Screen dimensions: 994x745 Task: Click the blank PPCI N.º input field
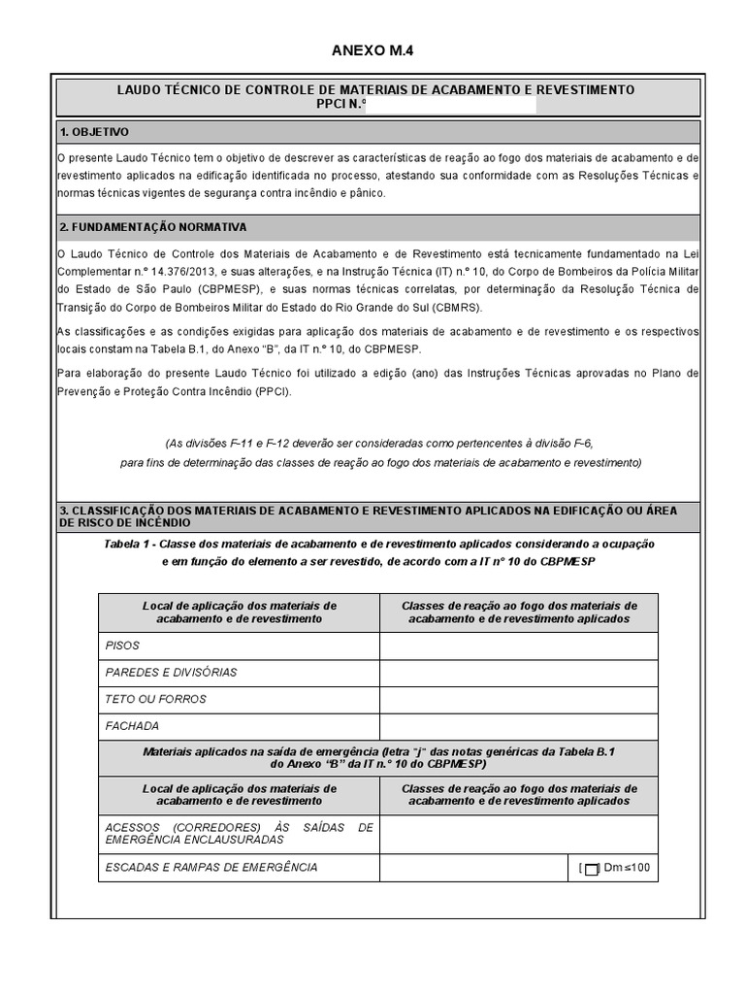[x=449, y=105]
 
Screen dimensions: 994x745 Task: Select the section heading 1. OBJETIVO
[x=94, y=132]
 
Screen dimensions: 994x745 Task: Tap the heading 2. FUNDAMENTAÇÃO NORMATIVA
[x=153, y=227]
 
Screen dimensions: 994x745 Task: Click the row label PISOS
[x=122, y=645]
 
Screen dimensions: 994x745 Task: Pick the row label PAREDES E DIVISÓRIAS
[x=170, y=672]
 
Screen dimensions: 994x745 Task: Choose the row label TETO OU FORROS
[x=155, y=699]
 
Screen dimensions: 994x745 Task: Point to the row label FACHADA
[x=132, y=725]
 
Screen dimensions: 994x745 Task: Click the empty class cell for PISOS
[x=518, y=645]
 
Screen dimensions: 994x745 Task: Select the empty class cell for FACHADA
[x=518, y=725]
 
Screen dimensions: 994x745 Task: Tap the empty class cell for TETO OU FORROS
[x=518, y=699]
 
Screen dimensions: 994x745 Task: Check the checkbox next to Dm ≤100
[x=592, y=869]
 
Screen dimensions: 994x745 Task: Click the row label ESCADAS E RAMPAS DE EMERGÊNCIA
[x=211, y=868]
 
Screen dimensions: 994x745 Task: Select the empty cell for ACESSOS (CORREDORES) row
[x=518, y=834]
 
